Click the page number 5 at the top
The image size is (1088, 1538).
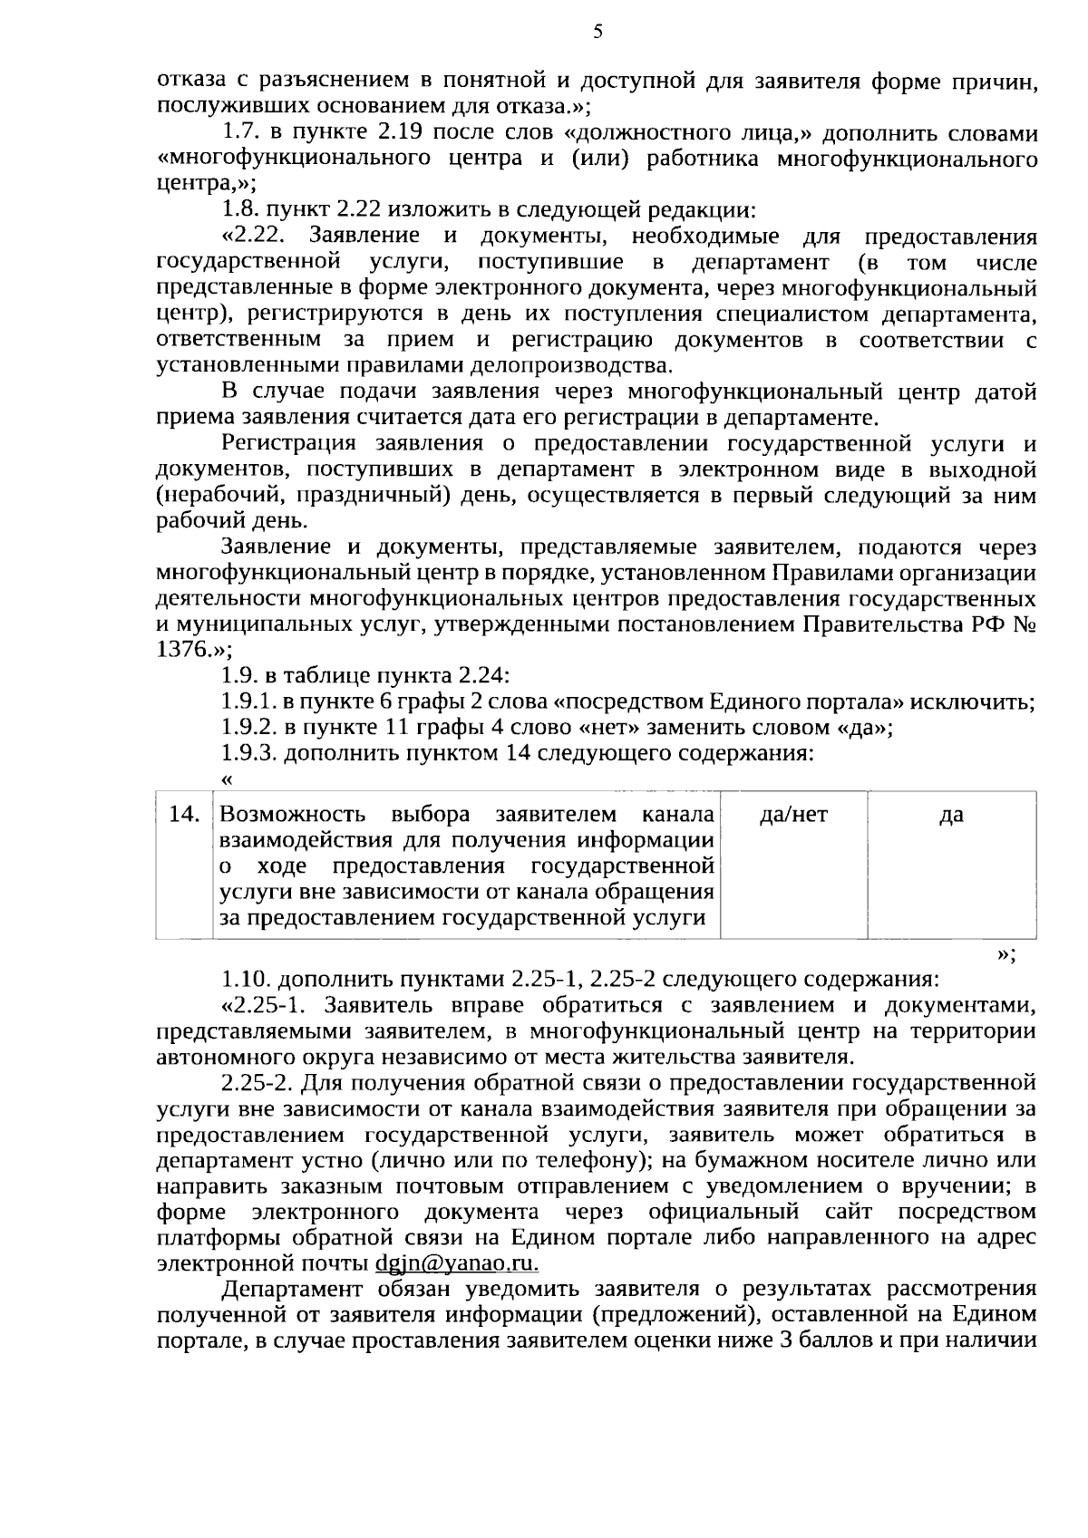coord(597,33)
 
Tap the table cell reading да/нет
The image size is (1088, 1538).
coord(793,815)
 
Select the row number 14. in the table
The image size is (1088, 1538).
coord(184,815)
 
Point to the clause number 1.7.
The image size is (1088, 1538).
coord(238,133)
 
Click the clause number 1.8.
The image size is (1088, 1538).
coord(238,211)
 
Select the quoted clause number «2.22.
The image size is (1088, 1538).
coord(255,237)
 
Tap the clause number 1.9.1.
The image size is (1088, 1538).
coord(249,702)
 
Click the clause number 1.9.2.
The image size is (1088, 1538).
coord(249,728)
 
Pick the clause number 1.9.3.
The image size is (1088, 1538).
coord(249,754)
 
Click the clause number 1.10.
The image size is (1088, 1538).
coord(246,980)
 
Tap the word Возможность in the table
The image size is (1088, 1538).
coord(293,814)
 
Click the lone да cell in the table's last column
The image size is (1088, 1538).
coord(951,815)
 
